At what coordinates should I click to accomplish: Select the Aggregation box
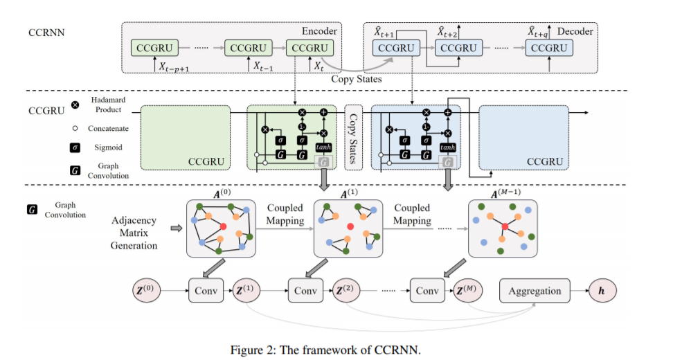535,291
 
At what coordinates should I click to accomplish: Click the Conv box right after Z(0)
206,291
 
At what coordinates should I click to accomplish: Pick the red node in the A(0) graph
223,226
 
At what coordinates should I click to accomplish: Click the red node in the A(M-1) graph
505,226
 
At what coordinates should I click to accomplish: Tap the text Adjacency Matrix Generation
134,233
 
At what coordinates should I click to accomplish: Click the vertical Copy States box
354,137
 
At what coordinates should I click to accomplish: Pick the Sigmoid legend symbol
75,147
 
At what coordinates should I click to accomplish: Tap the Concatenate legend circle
75,128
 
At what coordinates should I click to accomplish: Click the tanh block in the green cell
323,147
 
